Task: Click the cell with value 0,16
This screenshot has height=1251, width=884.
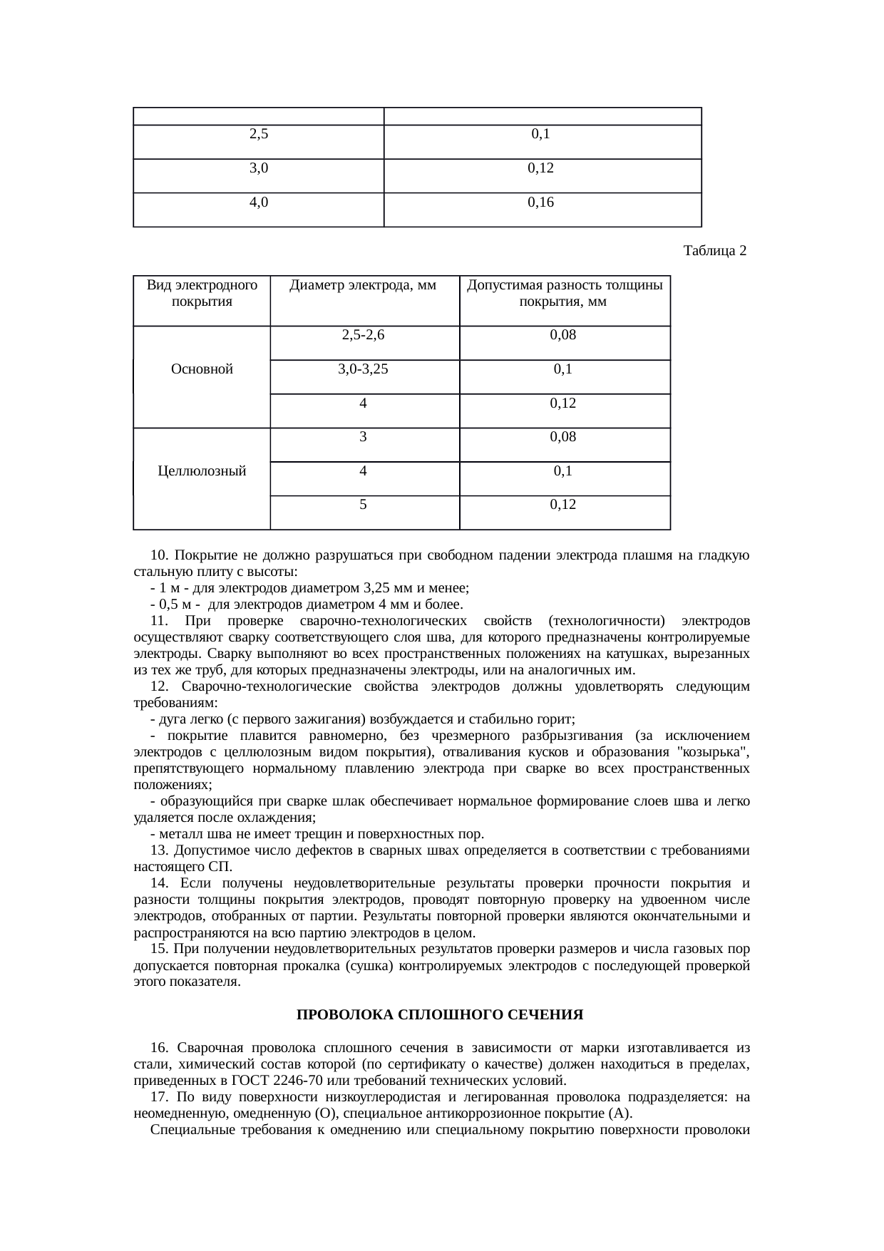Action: [541, 202]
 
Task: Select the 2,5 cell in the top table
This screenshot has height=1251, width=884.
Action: [259, 133]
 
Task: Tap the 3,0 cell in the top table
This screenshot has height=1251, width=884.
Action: [259, 168]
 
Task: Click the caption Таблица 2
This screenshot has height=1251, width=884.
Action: [714, 251]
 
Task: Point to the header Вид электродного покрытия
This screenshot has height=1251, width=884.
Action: [202, 293]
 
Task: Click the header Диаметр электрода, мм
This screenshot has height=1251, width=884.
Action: [363, 286]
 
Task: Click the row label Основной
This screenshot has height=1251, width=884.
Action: [202, 369]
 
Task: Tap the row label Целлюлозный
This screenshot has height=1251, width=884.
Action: [202, 471]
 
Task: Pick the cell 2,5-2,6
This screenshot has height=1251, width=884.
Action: [363, 335]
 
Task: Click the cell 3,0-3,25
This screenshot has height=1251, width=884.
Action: [363, 369]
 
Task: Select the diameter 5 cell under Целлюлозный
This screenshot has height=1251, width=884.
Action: [363, 505]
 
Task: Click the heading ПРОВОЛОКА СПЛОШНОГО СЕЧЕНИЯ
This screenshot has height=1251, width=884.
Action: [440, 1014]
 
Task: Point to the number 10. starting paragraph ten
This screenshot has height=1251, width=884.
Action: [160, 555]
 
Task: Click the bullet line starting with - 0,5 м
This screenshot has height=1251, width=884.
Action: [307, 604]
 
